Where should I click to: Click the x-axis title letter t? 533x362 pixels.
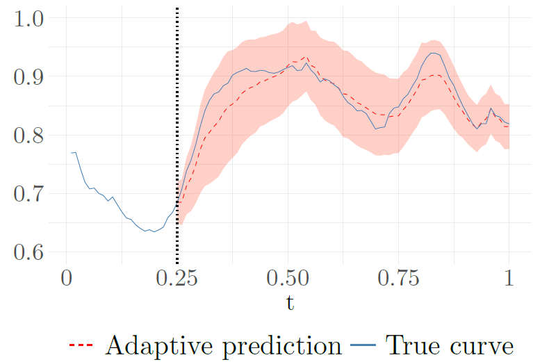coord(288,304)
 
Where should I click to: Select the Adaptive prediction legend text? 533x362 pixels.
coord(223,345)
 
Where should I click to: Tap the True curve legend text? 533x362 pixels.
coord(449,345)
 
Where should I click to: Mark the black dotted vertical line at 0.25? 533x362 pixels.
coord(177,139)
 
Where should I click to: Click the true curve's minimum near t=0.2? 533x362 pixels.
coord(153,232)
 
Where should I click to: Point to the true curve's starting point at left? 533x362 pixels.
coord(71,153)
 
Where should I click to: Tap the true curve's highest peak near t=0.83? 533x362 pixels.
coord(434,53)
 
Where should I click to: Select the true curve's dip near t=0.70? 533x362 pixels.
coord(376,129)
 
